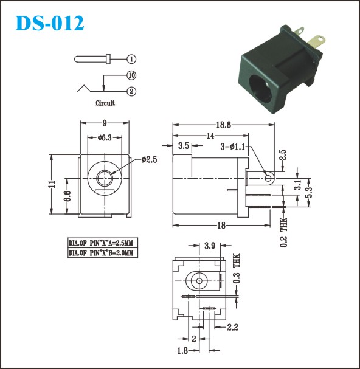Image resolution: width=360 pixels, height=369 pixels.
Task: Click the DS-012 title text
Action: tap(50, 23)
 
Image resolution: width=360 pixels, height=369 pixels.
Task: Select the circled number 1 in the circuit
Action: tap(131, 59)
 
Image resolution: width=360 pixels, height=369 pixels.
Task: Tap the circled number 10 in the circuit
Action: tap(131, 75)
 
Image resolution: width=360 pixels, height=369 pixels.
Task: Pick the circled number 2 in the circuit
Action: tap(131, 91)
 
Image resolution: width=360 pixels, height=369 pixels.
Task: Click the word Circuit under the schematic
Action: tap(105, 103)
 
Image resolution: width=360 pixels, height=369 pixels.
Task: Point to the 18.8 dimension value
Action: tap(223, 125)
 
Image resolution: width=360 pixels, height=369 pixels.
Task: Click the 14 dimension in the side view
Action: tap(210, 136)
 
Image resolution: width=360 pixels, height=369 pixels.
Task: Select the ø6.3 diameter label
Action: tap(105, 137)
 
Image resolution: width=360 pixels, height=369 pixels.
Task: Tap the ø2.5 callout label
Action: tap(149, 159)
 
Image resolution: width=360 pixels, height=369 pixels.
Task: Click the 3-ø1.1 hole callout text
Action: tap(233, 147)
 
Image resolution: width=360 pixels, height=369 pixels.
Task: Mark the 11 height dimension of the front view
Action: tap(54, 184)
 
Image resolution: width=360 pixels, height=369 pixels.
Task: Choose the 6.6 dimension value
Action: tap(67, 196)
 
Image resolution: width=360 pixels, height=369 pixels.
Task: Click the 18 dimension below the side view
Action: tap(221, 226)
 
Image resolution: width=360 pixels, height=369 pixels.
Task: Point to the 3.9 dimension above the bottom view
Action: tap(210, 246)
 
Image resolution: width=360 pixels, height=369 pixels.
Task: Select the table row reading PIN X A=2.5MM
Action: tap(103, 243)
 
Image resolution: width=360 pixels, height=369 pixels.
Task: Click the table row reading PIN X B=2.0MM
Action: tap(103, 252)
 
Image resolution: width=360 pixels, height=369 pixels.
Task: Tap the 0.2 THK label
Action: tap(284, 232)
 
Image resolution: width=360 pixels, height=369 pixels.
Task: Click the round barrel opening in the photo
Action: tap(261, 88)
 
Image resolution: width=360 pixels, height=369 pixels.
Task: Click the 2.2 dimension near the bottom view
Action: tap(233, 327)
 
